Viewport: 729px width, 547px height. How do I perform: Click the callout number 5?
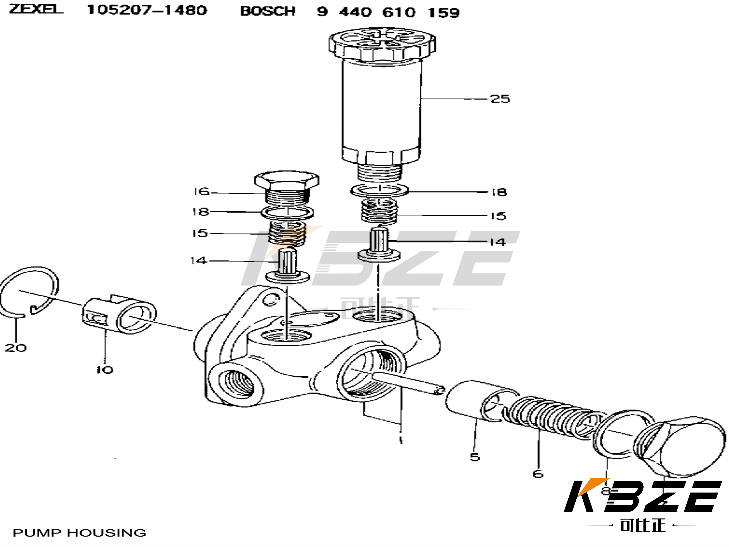[x=475, y=457]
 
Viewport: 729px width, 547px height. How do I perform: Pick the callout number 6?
[x=538, y=474]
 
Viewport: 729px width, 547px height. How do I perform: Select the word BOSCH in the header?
[x=268, y=12]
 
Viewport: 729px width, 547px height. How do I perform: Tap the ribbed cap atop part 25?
[x=382, y=44]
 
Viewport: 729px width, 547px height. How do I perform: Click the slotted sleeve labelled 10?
[x=119, y=315]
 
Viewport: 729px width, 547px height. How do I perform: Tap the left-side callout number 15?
[x=200, y=233]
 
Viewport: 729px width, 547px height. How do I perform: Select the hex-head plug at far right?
[x=682, y=445]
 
